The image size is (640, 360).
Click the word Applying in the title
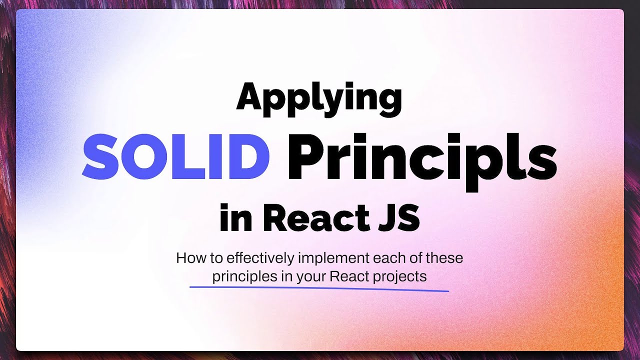pos(318,98)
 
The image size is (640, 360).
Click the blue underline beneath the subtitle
pos(319,289)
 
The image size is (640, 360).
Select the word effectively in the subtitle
pos(261,258)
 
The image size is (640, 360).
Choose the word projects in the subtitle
pos(405,276)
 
